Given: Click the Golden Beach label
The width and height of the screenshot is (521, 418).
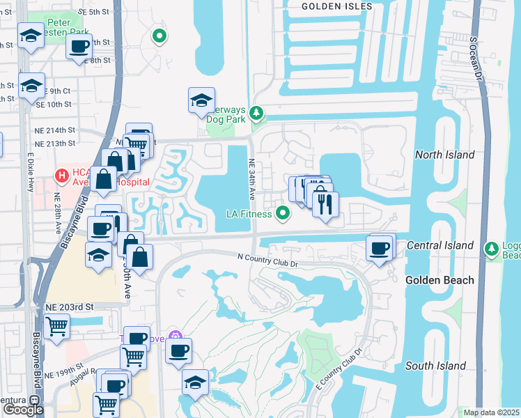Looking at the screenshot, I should [x=440, y=280].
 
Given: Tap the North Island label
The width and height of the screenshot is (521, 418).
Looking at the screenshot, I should [x=444, y=155].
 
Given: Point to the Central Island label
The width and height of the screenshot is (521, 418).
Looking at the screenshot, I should [x=440, y=245].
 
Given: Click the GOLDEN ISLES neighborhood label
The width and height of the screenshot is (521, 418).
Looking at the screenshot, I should [x=337, y=6].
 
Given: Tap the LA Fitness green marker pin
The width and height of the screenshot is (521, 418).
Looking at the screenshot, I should [x=283, y=213].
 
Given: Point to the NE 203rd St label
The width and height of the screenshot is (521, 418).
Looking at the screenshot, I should [x=69, y=307].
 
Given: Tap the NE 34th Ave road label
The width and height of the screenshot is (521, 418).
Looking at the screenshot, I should [x=253, y=177].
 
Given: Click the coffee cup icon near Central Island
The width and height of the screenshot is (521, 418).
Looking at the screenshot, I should [x=379, y=248].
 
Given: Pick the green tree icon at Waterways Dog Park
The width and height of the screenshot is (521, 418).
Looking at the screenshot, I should [x=257, y=112].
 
